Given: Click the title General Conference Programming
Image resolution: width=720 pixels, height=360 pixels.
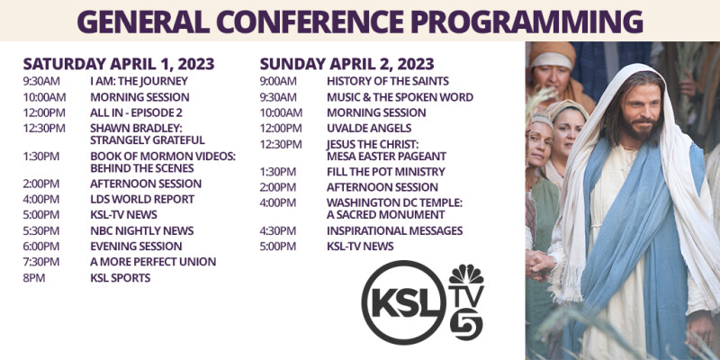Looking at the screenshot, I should point(359,21).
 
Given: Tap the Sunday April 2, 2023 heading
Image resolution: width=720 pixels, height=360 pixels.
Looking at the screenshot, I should point(346,64).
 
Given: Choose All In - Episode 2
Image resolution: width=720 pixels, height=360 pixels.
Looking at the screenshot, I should point(136,112).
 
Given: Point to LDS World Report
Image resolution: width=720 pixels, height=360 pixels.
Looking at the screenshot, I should point(141,199).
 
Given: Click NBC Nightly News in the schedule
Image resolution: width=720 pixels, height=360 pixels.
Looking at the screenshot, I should point(141,230).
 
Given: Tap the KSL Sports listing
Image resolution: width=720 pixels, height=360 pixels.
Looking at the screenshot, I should point(120,278).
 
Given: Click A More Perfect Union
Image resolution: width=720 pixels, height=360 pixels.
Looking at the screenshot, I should point(153,262).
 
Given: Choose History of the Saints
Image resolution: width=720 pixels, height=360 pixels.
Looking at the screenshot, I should point(387,81).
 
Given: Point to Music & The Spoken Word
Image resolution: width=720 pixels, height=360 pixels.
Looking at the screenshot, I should point(400,97).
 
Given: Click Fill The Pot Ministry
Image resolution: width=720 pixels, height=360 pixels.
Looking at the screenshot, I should point(385,171).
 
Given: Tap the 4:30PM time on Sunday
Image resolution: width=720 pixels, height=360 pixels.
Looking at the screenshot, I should point(278,230).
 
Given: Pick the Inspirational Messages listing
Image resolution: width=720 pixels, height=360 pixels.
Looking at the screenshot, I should point(394,230).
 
